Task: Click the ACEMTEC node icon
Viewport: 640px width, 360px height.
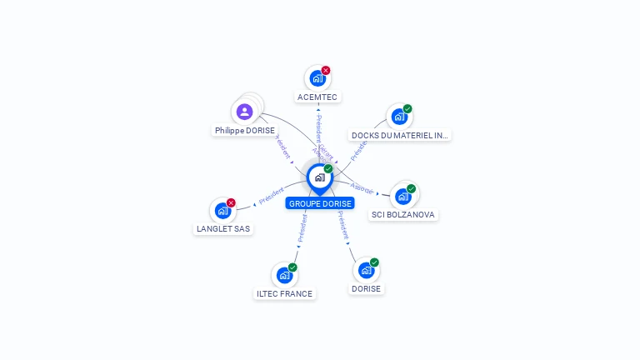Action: click(317, 78)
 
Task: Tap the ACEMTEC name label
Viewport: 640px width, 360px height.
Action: click(318, 97)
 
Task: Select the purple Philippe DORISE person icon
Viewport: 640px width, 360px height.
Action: click(244, 111)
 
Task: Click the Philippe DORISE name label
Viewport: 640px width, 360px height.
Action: click(244, 130)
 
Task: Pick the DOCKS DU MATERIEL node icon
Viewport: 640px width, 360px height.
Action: click(399, 117)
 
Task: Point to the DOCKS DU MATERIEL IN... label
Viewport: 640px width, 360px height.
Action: click(400, 135)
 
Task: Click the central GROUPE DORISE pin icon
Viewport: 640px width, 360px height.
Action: click(319, 177)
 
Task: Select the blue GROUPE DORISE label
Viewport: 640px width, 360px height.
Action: click(320, 203)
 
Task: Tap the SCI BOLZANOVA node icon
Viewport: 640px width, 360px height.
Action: click(403, 197)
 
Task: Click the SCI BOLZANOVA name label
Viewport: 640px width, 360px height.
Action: click(403, 214)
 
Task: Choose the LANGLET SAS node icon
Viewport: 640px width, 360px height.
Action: click(222, 211)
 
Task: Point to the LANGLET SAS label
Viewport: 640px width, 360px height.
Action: click(223, 228)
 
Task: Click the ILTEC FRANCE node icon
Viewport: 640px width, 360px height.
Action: click(285, 275)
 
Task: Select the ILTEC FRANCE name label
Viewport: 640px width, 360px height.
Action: click(285, 293)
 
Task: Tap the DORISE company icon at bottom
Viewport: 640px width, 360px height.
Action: click(366, 271)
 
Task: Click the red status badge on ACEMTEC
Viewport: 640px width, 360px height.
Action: click(326, 71)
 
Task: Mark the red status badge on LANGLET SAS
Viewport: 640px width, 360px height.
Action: click(231, 202)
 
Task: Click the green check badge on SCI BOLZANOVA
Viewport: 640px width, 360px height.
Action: click(411, 188)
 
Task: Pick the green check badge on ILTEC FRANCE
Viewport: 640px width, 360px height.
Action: click(292, 267)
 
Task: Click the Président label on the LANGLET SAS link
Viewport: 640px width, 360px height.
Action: click(272, 197)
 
